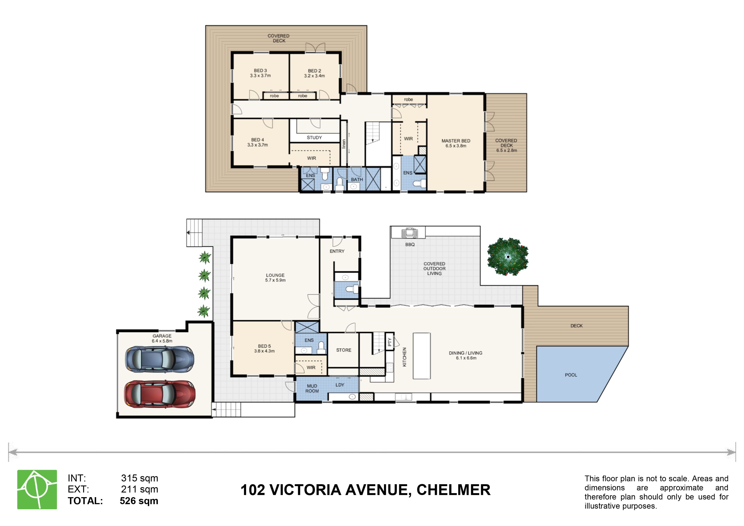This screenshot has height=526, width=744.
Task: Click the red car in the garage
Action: pyautogui.click(x=160, y=394)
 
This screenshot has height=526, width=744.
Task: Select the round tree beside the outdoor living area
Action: pyautogui.click(x=508, y=257)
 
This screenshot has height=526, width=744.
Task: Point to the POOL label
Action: pyautogui.click(x=571, y=375)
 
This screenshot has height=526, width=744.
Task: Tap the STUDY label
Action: pyautogui.click(x=314, y=137)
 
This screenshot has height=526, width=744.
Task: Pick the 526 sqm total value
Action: pyautogui.click(x=139, y=501)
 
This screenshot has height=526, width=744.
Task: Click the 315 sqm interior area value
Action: pyautogui.click(x=140, y=478)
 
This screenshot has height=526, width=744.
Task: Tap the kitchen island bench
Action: pyautogui.click(x=422, y=356)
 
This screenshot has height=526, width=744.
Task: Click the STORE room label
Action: pyautogui.click(x=344, y=350)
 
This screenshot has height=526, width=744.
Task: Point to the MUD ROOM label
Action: pyautogui.click(x=312, y=388)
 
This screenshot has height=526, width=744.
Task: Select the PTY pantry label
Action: pyautogui.click(x=390, y=342)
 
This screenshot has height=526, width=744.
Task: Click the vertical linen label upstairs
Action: pyautogui.click(x=344, y=144)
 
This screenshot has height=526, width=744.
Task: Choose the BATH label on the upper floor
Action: pyautogui.click(x=357, y=179)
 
